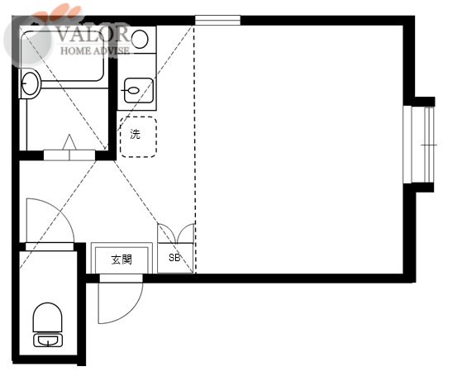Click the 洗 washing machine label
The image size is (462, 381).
coord(136,135)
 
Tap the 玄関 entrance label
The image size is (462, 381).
coord(121,260)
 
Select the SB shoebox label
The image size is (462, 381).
coord(174,258)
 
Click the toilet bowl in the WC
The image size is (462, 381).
coord(47,317)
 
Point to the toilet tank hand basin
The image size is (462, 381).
coord(48,341)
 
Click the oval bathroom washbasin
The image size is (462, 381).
coord(30,83)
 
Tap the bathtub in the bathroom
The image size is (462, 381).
coord(63,55)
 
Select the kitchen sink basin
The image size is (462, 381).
coord(139,90)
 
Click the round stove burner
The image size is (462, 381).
coord(140,40)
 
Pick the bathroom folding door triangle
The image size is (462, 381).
coord(69,142)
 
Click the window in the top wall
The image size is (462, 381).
coord(217,21)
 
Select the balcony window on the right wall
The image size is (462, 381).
coord(419,145)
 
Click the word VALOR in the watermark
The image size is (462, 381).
coord(93,34)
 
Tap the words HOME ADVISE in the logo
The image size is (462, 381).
coord(95,50)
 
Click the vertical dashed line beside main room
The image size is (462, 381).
coord(195,150)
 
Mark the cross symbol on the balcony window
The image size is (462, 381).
coord(429,145)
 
